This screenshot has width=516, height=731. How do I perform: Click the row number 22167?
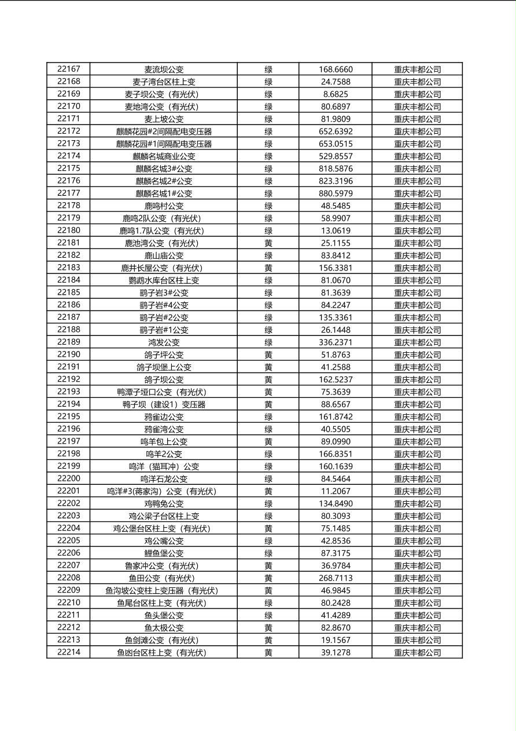[69, 69]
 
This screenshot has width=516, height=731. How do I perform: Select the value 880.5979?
[336, 193]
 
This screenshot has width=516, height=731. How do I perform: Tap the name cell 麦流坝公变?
[164, 70]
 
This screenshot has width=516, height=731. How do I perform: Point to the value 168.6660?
[336, 70]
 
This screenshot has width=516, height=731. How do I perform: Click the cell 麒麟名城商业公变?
[164, 156]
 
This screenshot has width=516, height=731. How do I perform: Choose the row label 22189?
[69, 342]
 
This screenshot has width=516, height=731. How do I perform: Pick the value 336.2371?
[336, 342]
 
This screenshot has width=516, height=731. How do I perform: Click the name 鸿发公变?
[164, 342]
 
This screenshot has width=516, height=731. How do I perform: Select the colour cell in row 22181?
[268, 243]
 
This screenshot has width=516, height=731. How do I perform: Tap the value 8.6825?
[336, 94]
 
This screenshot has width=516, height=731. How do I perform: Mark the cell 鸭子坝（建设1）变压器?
[164, 404]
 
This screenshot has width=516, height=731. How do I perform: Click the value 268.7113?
[336, 578]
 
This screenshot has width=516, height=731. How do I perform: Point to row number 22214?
[69, 652]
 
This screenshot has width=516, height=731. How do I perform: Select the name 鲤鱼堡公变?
[164, 553]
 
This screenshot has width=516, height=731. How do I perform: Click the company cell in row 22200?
[417, 479]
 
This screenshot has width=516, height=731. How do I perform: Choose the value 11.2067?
[336, 491]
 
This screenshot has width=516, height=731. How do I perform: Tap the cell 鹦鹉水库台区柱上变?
[164, 280]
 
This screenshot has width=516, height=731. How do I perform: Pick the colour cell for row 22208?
[268, 578]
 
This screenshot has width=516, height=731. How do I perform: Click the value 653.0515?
[336, 144]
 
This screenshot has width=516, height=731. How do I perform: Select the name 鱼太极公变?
[164, 628]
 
